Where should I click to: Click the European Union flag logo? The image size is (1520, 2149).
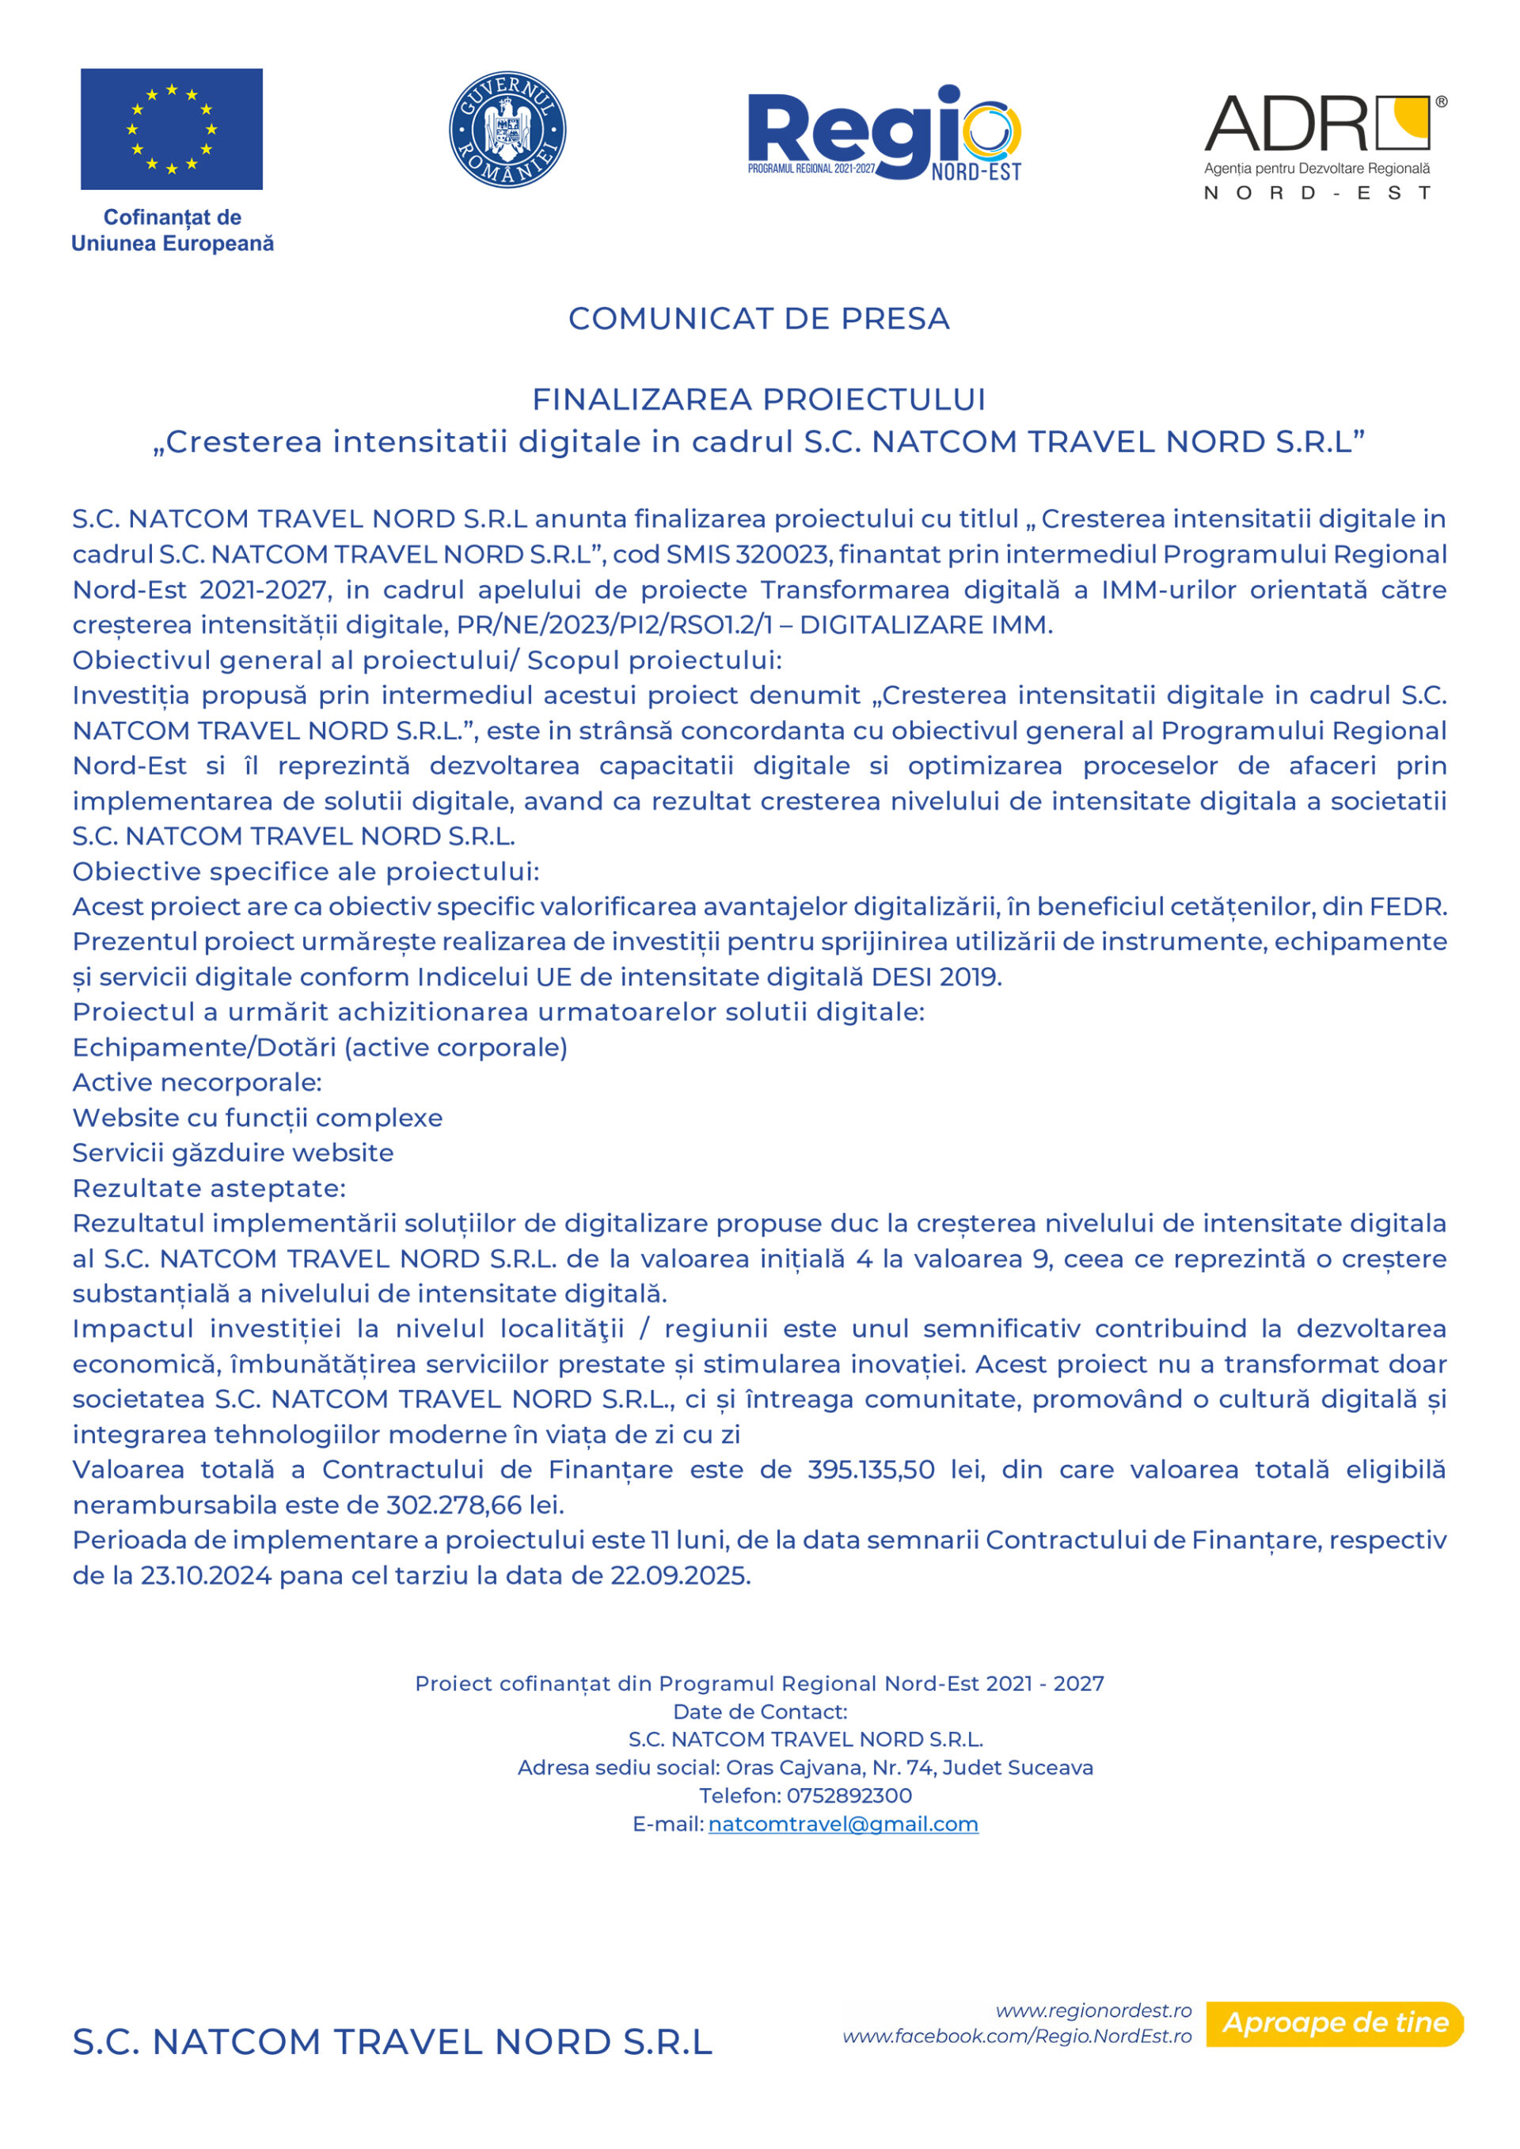171,129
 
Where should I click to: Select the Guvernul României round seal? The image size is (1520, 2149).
507,129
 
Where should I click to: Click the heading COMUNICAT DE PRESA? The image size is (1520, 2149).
759,318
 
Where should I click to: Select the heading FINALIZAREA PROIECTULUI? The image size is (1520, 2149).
759,400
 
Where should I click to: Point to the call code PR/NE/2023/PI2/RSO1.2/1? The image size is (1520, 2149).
615,625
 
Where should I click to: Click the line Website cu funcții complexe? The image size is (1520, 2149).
257,1118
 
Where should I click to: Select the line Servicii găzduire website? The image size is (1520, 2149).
233,1152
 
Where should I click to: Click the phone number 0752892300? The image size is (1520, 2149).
849,1795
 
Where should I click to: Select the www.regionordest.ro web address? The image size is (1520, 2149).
1093,2010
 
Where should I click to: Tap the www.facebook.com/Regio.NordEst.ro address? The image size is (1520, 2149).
1017,2036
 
